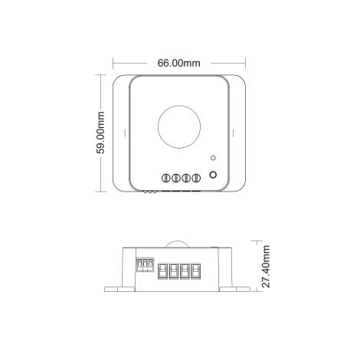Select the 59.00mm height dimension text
(x=100, y=133)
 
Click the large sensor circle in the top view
(x=178, y=126)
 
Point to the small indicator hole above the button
(x=213, y=159)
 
